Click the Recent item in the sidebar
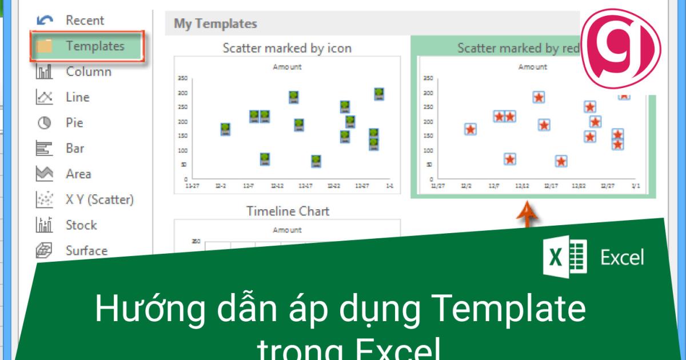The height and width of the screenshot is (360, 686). pos(85,21)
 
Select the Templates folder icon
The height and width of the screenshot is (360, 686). pos(44,46)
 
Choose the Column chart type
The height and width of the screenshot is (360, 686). pos(88,72)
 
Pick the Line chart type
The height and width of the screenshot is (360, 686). pos(78,98)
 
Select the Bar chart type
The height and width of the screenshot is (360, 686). pos(75,149)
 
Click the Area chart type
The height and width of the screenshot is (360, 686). pos(78,174)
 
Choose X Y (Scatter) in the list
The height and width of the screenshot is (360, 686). pos(99,199)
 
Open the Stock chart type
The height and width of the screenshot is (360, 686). pos(81,225)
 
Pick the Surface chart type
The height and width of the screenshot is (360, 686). pos(86,250)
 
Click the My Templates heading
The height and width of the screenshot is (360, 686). pos(215,24)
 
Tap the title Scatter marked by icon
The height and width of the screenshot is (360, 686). pos(287,49)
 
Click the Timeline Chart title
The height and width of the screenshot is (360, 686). pos(288,211)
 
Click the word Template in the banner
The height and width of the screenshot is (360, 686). pos(509,309)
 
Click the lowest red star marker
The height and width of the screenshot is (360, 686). pos(561,162)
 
